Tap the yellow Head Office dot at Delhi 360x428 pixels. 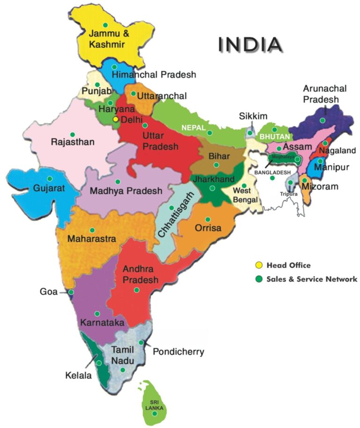point(116,119)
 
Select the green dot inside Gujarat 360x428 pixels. point(50,178)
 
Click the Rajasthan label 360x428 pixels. point(73,141)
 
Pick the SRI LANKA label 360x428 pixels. point(154,405)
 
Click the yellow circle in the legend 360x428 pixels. point(258,266)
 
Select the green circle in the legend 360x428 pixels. point(258,279)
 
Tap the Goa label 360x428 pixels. point(48,292)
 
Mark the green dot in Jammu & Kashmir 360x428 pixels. point(105,25)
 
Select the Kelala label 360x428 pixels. point(78,375)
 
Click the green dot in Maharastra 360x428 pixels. point(92,230)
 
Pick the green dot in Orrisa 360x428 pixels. point(208,219)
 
